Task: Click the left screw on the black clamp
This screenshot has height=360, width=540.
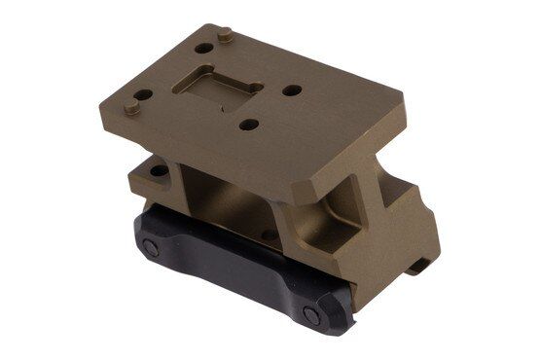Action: coord(152,248)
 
